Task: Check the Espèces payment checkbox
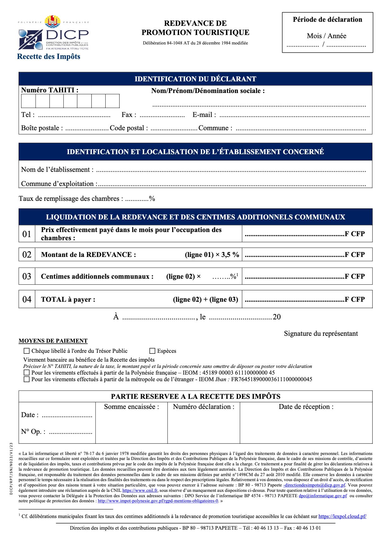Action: (152, 351)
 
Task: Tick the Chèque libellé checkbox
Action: (27, 351)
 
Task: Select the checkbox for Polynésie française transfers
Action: (27, 373)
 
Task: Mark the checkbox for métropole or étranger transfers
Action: (27, 379)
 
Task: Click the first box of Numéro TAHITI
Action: (28, 101)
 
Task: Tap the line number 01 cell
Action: (27, 234)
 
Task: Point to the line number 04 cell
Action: (27, 299)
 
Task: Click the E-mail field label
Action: (204, 115)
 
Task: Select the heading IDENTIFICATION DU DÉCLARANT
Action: (195, 79)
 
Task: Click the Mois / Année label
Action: (327, 36)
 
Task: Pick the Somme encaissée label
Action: (131, 407)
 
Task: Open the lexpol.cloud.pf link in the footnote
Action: (342, 516)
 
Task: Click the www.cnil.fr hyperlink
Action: (140, 491)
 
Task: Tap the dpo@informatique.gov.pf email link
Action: (323, 496)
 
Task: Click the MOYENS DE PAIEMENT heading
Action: (53, 341)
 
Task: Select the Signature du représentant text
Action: (321, 334)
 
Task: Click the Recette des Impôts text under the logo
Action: (49, 57)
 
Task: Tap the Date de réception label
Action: (306, 407)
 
